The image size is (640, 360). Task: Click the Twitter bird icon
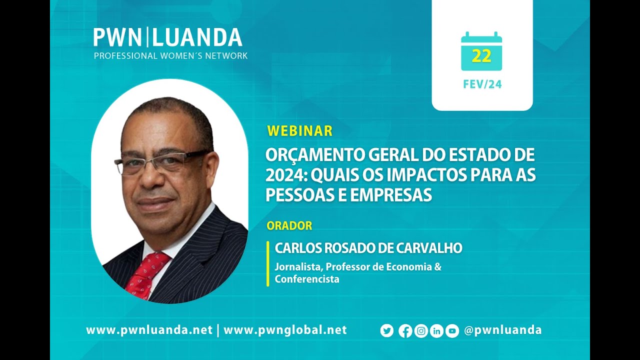(387, 331)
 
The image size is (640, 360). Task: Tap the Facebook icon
(405, 331)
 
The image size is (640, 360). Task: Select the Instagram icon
(421, 331)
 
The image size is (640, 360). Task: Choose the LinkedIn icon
(436, 331)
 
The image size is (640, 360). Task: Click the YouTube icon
(452, 331)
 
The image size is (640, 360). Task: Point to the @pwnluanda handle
(503, 330)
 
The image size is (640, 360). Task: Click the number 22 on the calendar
(481, 56)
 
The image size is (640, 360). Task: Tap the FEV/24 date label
(482, 84)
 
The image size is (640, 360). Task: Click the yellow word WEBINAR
(300, 131)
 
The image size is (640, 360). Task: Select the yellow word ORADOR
(289, 225)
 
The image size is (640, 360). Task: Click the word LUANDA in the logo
(197, 37)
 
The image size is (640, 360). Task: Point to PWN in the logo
(117, 37)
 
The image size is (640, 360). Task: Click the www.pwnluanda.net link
(149, 330)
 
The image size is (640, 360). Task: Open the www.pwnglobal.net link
(285, 330)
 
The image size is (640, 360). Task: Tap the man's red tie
(145, 275)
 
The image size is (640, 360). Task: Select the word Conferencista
(307, 279)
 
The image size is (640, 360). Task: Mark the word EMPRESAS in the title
(391, 195)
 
